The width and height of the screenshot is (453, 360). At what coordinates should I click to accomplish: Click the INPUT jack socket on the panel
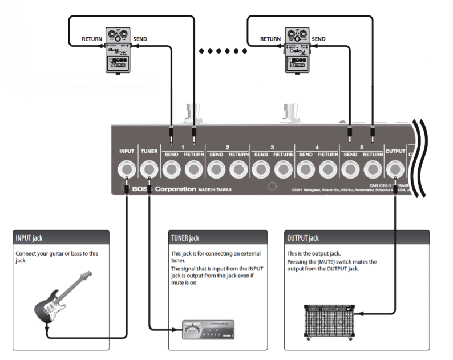[x=126, y=169]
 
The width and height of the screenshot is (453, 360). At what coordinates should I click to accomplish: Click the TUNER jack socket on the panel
[x=149, y=169]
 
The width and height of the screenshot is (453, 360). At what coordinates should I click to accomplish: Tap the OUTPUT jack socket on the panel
[x=395, y=169]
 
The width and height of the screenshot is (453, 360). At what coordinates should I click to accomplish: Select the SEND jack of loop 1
[x=171, y=169]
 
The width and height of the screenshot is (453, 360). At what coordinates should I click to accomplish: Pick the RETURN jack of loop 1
[x=194, y=169]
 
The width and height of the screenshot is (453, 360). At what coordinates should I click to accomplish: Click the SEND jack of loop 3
[x=261, y=169]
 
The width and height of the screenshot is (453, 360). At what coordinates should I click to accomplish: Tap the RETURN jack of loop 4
[x=327, y=169]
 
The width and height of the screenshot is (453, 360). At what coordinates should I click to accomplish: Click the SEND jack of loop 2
[x=216, y=169]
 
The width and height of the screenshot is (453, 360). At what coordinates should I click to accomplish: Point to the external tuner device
[x=208, y=329]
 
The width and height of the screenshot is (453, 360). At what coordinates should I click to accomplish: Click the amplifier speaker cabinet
[x=330, y=323]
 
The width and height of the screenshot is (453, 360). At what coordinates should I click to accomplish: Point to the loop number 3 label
[x=272, y=147]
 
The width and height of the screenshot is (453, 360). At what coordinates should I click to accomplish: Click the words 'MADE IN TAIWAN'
[x=215, y=189]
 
